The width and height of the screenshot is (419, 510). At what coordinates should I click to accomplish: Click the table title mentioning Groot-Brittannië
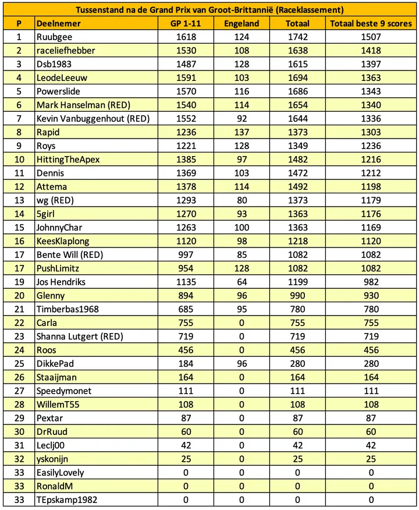click(209, 10)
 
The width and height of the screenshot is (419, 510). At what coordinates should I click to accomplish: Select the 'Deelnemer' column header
click(58, 23)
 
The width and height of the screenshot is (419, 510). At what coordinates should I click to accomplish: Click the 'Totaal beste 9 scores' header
click(371, 23)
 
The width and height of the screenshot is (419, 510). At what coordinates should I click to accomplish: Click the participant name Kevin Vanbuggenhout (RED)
click(93, 119)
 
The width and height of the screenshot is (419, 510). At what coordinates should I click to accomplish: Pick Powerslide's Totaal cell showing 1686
click(297, 91)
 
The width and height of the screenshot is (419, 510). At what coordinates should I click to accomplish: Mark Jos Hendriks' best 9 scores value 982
click(371, 282)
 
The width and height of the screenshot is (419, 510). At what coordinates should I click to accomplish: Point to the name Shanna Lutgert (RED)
click(80, 336)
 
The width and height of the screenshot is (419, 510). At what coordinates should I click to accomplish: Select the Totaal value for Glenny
click(297, 295)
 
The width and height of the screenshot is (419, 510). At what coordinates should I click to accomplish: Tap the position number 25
click(19, 363)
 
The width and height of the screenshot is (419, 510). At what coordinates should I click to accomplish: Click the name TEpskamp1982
click(65, 500)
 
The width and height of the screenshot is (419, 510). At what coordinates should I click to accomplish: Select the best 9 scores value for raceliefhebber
click(371, 51)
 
